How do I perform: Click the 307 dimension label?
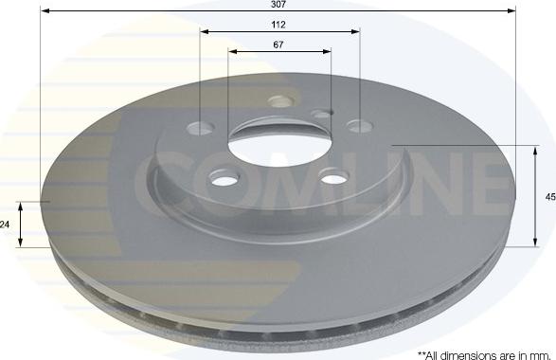[x=278, y=4]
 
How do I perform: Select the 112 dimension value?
[x=278, y=25]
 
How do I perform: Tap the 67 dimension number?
[x=278, y=45]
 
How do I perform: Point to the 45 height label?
[x=550, y=197]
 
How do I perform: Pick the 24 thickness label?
[x=5, y=225]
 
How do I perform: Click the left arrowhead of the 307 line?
[x=45, y=11]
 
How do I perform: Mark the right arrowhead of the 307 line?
[x=511, y=11]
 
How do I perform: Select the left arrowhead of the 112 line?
[x=205, y=31]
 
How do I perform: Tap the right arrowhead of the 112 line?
[x=355, y=31]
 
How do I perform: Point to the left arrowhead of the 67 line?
[x=233, y=51]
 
